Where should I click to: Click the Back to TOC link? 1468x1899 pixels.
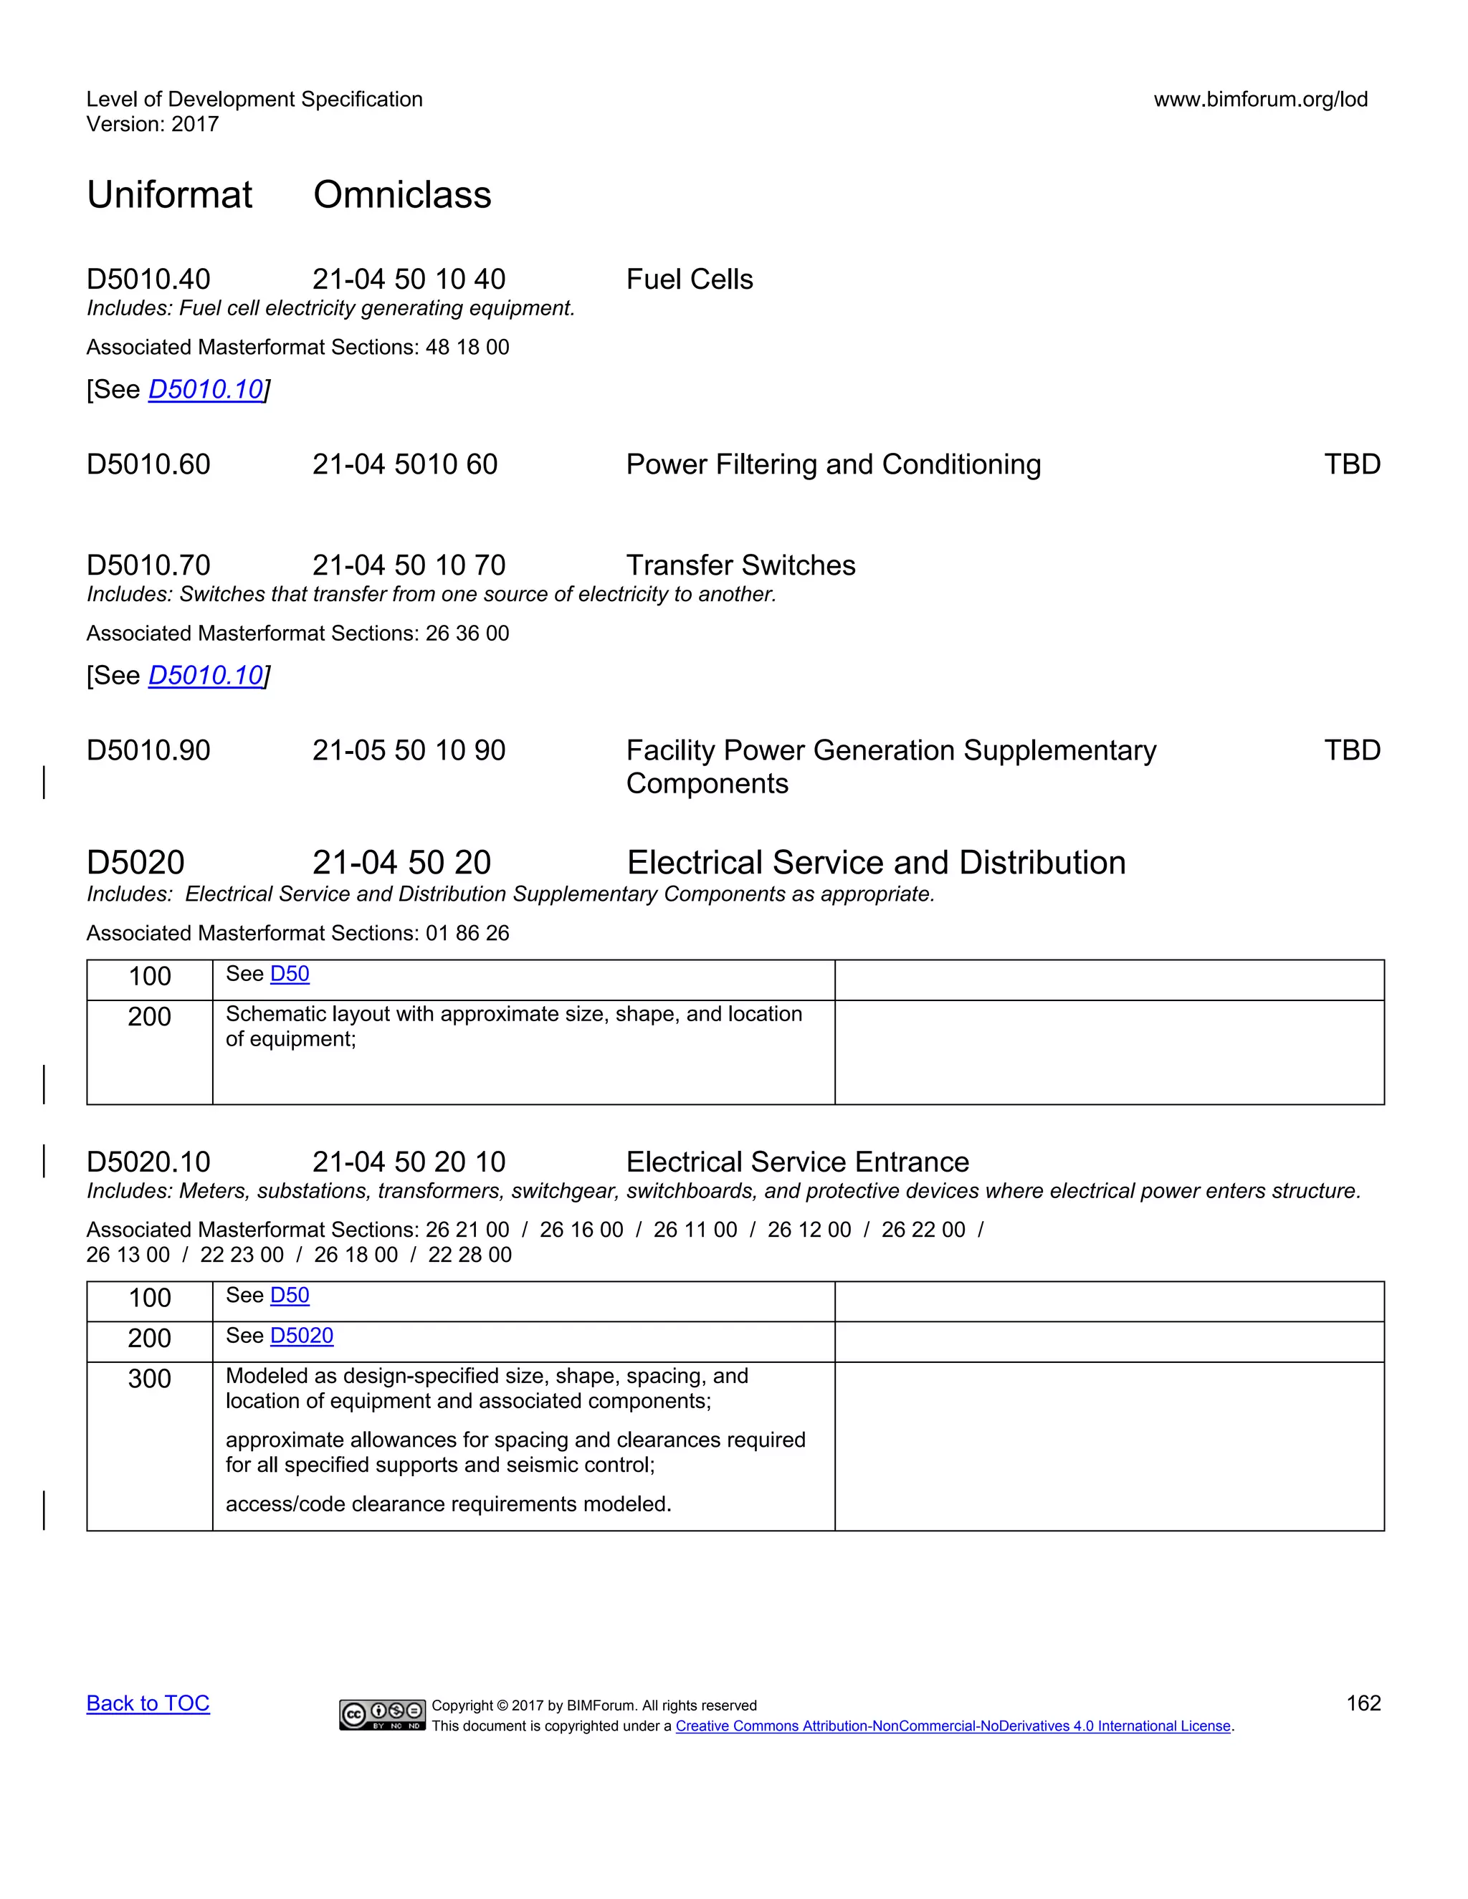(x=148, y=1703)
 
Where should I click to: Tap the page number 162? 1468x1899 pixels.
(x=1363, y=1703)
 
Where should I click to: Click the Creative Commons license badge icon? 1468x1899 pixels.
(x=382, y=1714)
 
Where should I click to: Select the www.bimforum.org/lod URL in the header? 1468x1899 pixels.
(x=1260, y=99)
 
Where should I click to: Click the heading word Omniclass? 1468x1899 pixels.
(x=402, y=195)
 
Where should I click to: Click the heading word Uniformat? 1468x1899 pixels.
(x=170, y=195)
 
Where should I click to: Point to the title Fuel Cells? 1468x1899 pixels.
(x=689, y=279)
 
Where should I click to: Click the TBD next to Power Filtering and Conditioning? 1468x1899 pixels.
(x=1351, y=464)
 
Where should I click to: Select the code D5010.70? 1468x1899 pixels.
(x=148, y=565)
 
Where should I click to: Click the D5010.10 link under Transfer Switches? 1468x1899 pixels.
(x=205, y=676)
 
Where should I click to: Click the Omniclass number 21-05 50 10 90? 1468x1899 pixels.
(x=409, y=750)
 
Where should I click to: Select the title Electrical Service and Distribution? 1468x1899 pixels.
(x=876, y=863)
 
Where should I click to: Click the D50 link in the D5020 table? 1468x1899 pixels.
(x=290, y=974)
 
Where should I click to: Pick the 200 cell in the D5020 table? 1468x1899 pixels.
(x=150, y=1016)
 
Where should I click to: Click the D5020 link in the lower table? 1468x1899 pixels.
(x=302, y=1336)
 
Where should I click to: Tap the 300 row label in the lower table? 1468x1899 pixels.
(x=150, y=1378)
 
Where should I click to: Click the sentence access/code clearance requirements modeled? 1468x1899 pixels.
(x=448, y=1503)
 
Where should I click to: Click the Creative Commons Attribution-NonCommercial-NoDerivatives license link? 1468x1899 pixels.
(x=953, y=1726)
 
